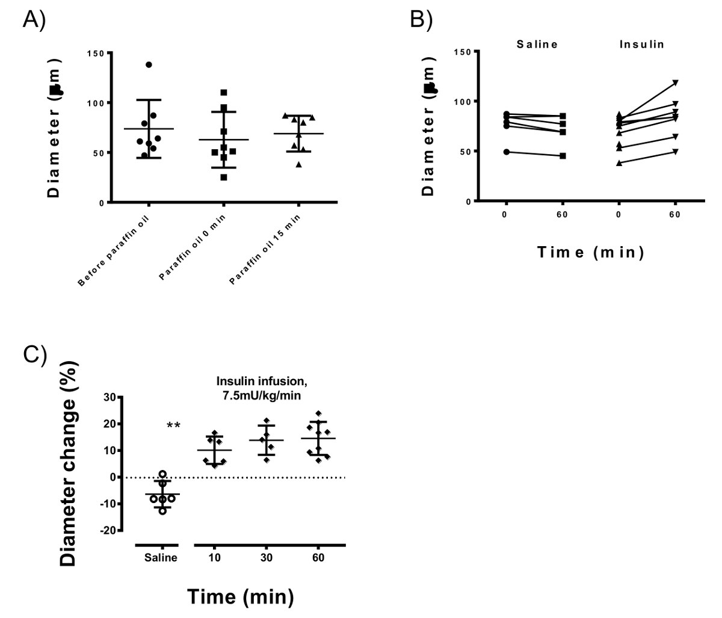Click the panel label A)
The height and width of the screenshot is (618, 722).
tap(34, 19)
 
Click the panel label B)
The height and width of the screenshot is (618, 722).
tap(421, 19)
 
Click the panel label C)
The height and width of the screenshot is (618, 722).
tap(34, 354)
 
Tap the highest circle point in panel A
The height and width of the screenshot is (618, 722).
tap(149, 64)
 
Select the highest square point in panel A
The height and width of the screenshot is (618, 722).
tap(224, 93)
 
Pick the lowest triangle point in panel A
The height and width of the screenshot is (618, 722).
tap(300, 164)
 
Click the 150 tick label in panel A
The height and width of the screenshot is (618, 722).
tap(96, 53)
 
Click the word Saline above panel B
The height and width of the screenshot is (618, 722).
tap(537, 44)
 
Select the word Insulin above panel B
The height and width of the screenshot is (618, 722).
tap(642, 44)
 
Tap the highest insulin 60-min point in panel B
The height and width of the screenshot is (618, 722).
tap(675, 82)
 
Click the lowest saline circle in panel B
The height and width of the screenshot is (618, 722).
tap(506, 152)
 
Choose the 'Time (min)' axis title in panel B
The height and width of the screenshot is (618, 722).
tap(591, 253)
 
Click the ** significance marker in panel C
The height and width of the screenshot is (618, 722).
tap(174, 426)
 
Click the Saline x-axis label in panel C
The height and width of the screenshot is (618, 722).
tap(161, 557)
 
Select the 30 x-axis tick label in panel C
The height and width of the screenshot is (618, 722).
tap(267, 557)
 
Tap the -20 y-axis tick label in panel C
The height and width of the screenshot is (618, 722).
tap(109, 530)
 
